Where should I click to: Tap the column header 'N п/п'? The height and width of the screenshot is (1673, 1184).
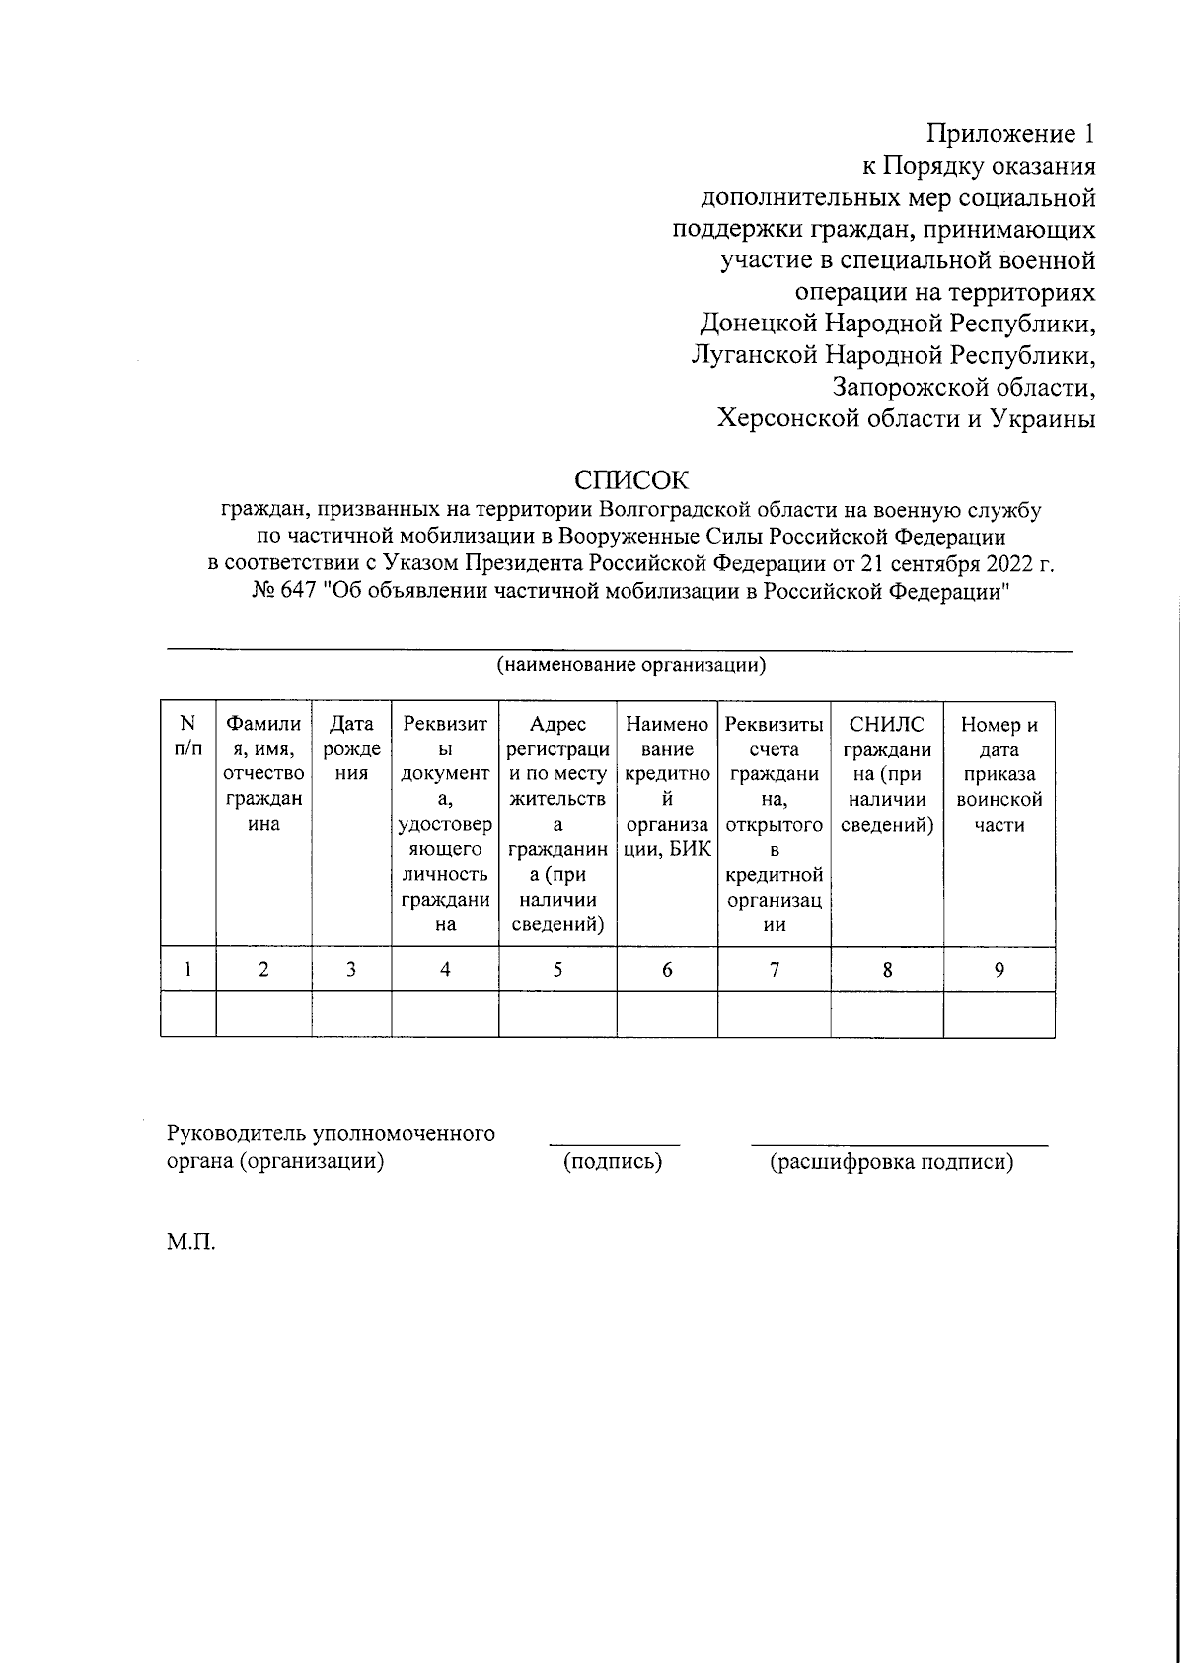click(188, 736)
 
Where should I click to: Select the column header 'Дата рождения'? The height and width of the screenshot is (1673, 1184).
click(351, 749)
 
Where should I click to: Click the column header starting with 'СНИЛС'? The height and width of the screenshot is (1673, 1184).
click(887, 773)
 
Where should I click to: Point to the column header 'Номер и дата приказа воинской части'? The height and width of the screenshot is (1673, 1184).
click(999, 773)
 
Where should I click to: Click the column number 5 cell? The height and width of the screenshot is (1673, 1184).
click(557, 970)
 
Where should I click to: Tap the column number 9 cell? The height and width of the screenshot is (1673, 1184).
click(999, 970)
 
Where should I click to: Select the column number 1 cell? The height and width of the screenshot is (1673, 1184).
click(188, 970)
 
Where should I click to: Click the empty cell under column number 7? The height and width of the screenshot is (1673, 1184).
click(774, 1014)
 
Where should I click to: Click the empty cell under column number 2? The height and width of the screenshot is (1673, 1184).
click(263, 1014)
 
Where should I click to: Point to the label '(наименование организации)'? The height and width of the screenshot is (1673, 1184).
click(631, 664)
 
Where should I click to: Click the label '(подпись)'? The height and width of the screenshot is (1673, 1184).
click(613, 1162)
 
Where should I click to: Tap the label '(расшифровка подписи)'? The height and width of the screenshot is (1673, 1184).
click(892, 1162)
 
